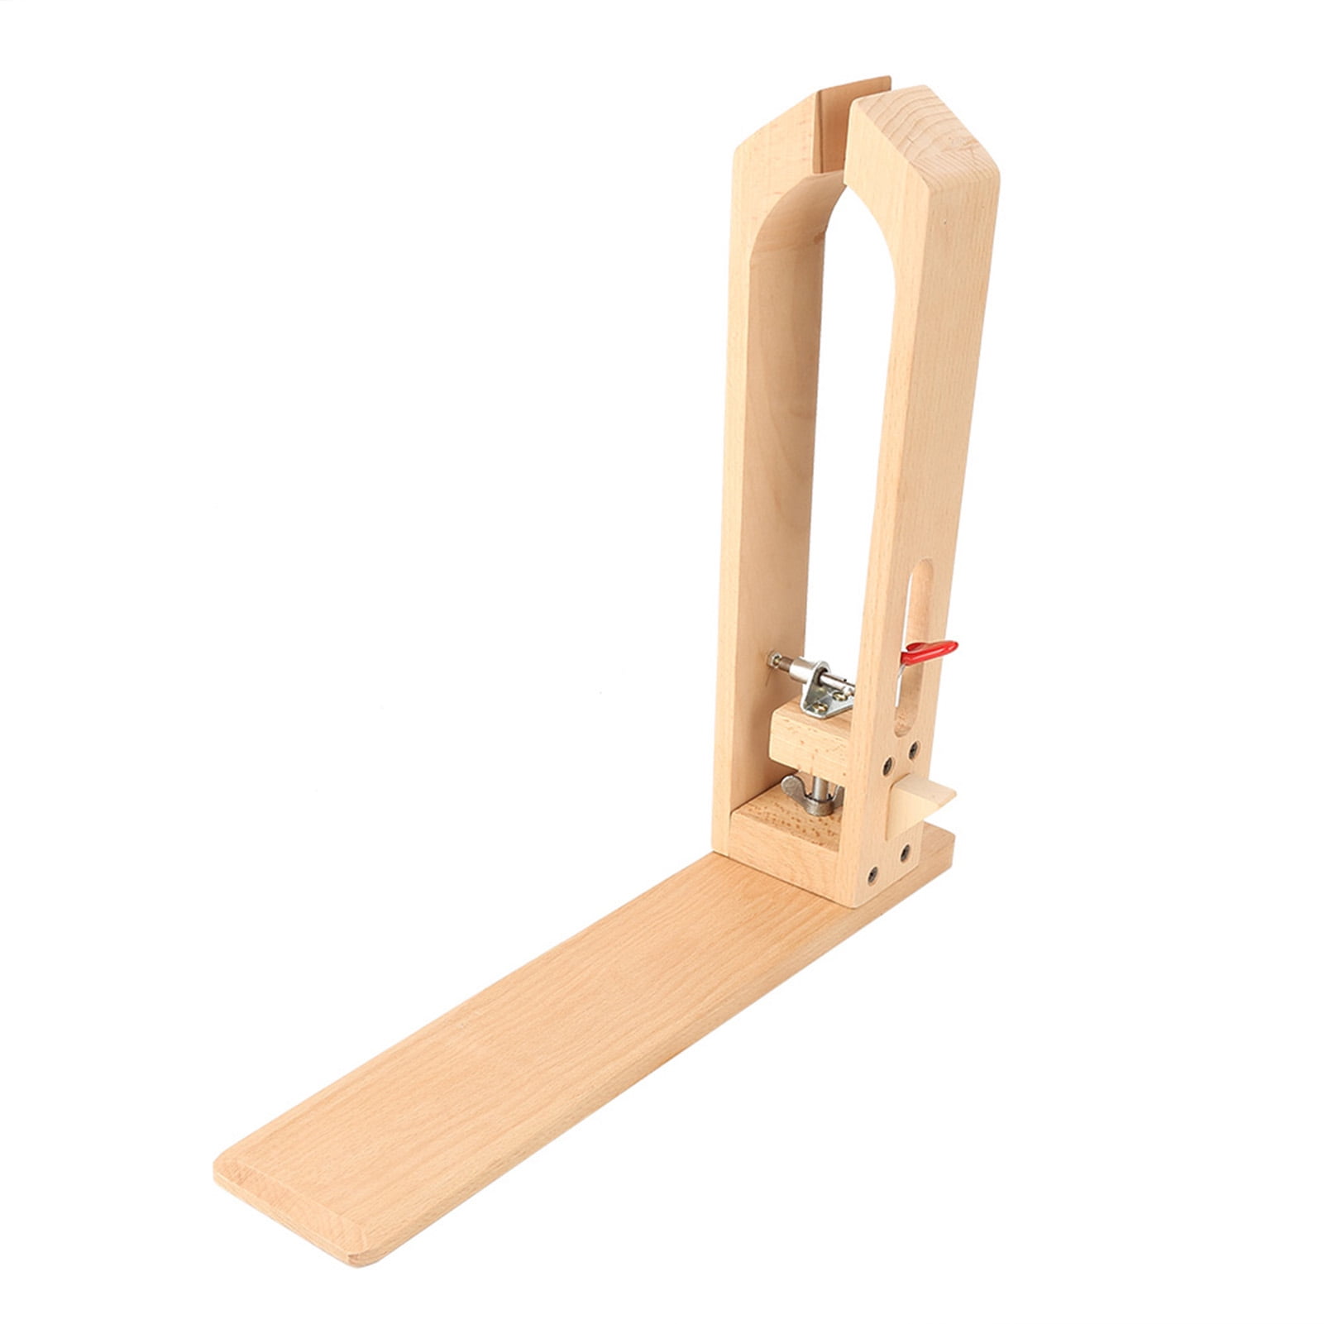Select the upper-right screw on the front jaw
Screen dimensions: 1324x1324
coord(914,749)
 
